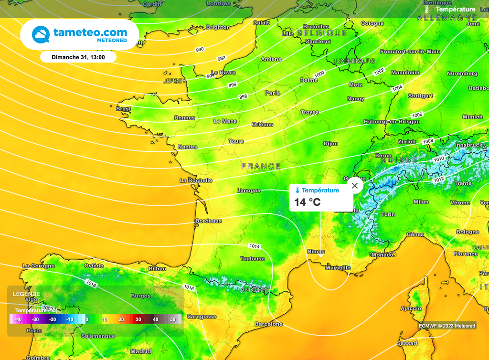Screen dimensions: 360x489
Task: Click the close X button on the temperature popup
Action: point(354,186)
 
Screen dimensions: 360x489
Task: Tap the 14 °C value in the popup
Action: point(308,202)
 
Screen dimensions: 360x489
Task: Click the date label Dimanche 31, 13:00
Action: point(78,57)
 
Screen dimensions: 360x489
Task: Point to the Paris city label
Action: point(273,93)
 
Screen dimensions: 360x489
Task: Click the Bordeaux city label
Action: point(209,221)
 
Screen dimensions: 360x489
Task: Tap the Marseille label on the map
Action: point(338,268)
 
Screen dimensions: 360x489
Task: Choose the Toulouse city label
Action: point(252,259)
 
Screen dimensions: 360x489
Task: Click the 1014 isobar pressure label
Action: point(255,246)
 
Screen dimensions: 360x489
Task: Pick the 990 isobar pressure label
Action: point(200,50)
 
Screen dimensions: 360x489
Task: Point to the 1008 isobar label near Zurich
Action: point(428,141)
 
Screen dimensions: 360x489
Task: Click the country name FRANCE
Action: point(261,166)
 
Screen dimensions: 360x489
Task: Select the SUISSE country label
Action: point(400,160)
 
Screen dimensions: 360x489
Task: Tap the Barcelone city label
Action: point(269,324)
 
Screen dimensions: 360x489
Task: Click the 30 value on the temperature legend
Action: point(138,319)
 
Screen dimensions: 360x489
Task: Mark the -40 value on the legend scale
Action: point(18,319)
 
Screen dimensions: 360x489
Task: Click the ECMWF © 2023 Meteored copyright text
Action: point(447,326)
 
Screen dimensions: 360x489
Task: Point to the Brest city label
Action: point(124,109)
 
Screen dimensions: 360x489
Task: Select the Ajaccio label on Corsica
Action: point(410,308)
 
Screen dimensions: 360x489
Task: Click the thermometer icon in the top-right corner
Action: point(427,9)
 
